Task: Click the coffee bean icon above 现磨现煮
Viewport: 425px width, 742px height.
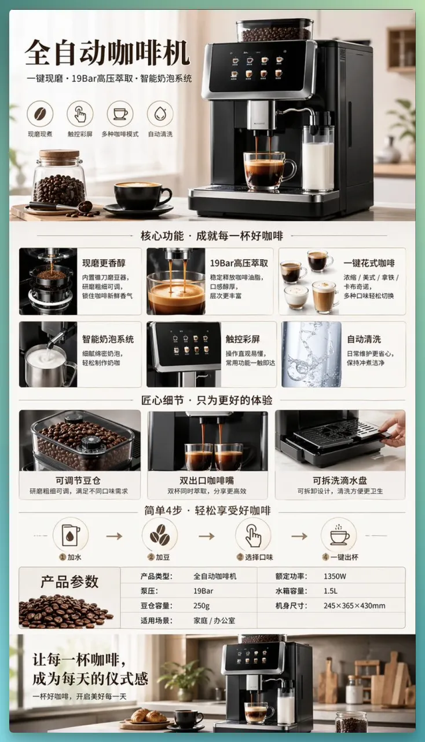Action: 40,114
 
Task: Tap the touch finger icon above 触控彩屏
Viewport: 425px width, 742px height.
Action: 80,114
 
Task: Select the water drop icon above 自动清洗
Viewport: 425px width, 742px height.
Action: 160,114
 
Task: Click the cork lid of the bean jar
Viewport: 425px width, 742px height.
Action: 60,155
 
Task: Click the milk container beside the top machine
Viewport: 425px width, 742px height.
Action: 318,159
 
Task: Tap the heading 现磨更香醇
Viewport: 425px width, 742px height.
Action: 104,263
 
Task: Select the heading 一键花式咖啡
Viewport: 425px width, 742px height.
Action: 369,263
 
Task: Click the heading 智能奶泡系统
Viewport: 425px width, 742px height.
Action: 108,339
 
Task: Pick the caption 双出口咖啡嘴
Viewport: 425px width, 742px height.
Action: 207,481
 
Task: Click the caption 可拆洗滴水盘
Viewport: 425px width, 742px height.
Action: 340,481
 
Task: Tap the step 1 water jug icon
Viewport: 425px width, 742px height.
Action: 71,536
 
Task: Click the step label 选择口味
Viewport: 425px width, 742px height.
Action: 259,557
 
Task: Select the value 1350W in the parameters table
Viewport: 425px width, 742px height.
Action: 335,576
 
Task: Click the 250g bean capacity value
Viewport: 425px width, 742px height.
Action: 201,606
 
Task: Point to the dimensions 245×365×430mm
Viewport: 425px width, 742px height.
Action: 354,606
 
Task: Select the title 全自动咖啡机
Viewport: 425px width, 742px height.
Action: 107,52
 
